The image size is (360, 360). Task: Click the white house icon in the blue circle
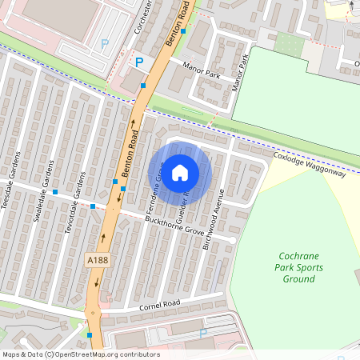(180, 172)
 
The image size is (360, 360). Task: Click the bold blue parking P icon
(138, 62)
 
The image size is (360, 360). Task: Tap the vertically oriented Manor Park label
(238, 70)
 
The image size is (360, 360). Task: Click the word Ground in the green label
(298, 279)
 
